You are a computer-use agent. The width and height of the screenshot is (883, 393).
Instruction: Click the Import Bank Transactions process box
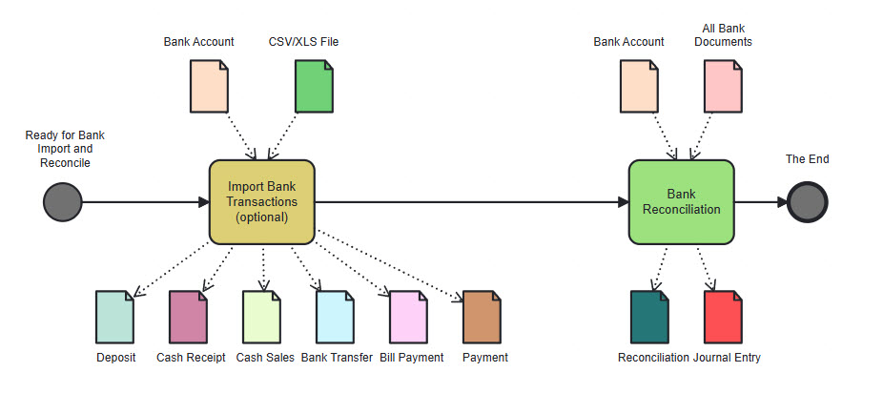[x=261, y=202]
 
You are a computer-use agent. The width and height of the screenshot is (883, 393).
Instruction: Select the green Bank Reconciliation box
[x=681, y=202]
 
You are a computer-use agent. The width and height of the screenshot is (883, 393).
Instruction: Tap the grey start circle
[x=62, y=202]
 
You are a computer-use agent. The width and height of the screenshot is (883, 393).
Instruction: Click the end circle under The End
[x=808, y=202]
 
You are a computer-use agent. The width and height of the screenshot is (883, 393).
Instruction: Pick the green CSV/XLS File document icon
[x=315, y=86]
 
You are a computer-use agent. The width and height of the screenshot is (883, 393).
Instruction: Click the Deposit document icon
[x=115, y=317]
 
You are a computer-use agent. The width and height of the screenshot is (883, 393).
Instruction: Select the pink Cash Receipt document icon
[x=189, y=317]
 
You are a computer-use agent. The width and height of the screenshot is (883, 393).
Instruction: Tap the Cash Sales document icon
[x=261, y=317]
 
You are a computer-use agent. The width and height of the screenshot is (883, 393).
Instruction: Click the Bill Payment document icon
[x=410, y=317]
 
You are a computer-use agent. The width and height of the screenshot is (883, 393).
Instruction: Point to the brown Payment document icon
[x=483, y=317]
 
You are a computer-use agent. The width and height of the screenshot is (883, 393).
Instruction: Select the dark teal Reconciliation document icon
[x=650, y=317]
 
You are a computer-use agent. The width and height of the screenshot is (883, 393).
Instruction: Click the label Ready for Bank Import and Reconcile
[x=64, y=149]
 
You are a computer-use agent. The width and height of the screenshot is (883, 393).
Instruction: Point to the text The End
[x=807, y=159]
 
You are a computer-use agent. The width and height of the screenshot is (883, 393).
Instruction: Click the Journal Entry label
[x=728, y=358]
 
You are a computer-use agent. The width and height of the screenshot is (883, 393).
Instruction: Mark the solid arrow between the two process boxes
[x=467, y=202]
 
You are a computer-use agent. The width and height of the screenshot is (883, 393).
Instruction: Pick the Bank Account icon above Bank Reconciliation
[x=640, y=86]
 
